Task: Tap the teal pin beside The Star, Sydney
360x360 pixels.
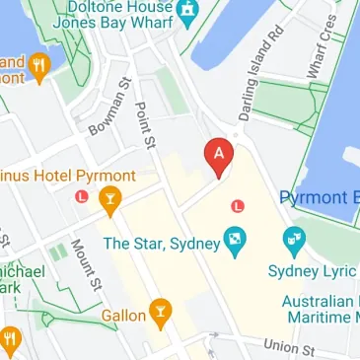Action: click(x=236, y=240)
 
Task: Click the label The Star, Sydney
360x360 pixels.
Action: click(x=162, y=244)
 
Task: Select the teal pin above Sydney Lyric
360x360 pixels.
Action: click(x=293, y=240)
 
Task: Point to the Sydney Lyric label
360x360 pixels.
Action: click(x=311, y=270)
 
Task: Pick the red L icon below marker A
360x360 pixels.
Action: click(x=236, y=205)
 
